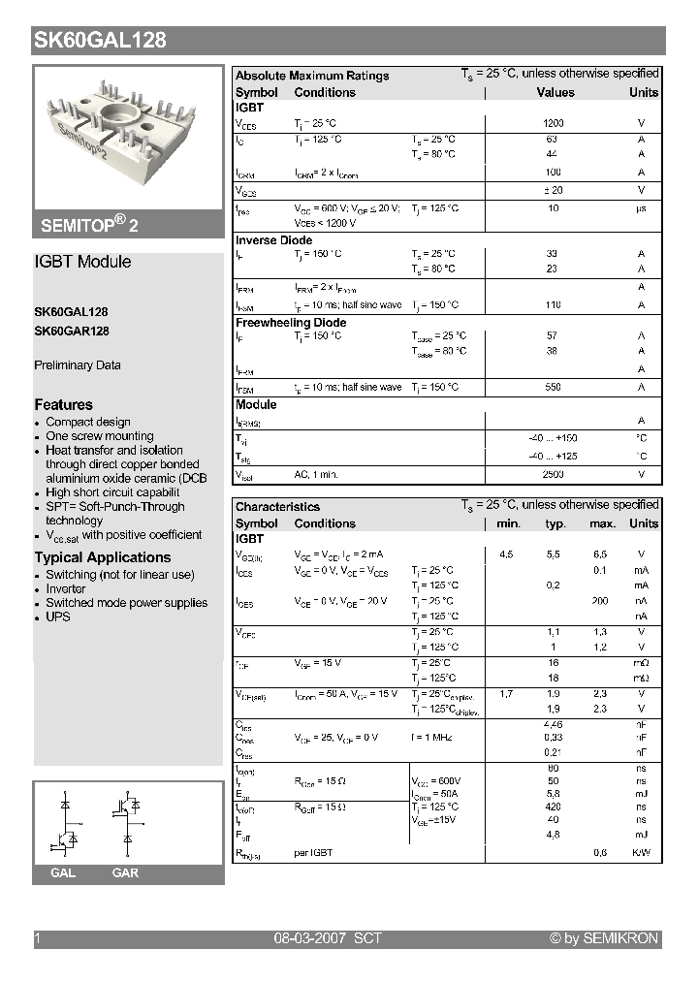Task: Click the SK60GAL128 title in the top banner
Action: [x=100, y=40]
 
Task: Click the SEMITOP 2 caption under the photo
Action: [x=89, y=225]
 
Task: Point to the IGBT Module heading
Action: [x=82, y=262]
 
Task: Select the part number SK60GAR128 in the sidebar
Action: [x=72, y=331]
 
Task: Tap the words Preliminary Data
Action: [x=78, y=365]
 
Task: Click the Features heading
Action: [x=64, y=404]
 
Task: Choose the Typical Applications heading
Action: [x=103, y=557]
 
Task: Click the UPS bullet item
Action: [x=58, y=617]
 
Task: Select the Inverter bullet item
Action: [x=66, y=588]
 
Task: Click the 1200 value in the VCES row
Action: [x=554, y=123]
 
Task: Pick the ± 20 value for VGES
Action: [x=553, y=190]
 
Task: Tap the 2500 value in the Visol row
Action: [x=553, y=475]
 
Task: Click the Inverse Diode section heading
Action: [x=274, y=240]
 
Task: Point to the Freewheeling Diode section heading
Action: [x=291, y=323]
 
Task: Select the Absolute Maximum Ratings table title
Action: [x=312, y=76]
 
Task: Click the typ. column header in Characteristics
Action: [x=555, y=523]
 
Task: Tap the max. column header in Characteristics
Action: [x=602, y=523]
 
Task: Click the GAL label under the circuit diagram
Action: [x=63, y=873]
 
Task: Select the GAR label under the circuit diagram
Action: [x=125, y=873]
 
